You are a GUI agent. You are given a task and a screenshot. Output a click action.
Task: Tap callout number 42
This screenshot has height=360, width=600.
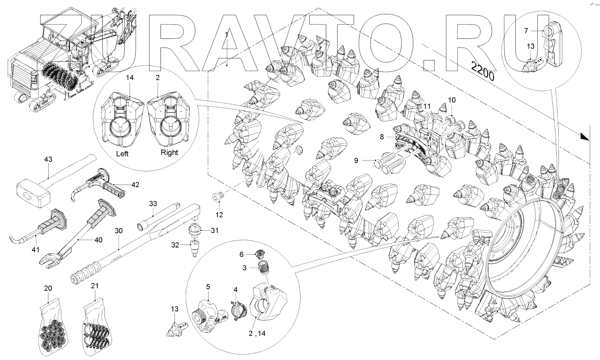[x=135, y=185]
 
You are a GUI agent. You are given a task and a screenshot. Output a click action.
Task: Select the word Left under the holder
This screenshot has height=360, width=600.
[x=122, y=154]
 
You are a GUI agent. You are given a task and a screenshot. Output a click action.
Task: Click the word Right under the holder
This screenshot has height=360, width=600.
[x=169, y=152]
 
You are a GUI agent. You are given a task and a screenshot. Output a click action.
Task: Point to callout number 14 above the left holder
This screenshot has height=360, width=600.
[x=130, y=78]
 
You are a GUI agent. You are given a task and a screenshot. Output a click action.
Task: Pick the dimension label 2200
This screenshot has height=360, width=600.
[x=483, y=72]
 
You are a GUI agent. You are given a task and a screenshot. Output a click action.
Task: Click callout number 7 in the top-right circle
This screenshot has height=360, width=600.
[x=526, y=31]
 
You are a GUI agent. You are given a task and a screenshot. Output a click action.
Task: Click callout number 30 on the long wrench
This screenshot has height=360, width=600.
[x=118, y=231]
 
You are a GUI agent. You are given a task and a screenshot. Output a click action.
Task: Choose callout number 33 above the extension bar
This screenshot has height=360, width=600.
[x=153, y=203]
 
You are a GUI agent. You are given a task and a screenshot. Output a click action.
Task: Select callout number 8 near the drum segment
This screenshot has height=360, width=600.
[x=382, y=137]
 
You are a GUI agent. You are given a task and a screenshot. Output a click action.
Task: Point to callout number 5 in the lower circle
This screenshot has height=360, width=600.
[x=208, y=286]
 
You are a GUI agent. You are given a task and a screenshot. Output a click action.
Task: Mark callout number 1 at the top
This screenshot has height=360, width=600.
[x=227, y=34]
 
